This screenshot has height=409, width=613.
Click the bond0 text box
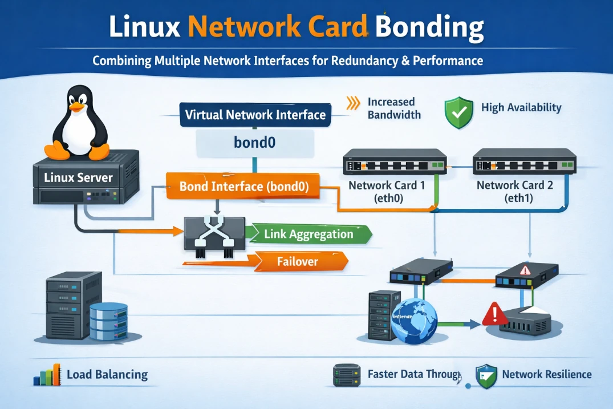(254, 142)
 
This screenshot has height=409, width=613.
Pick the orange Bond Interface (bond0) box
(243, 186)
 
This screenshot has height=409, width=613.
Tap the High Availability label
(521, 107)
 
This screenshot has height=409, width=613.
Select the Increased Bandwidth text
(394, 108)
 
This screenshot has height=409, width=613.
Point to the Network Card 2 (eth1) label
(514, 191)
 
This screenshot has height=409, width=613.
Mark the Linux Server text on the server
(78, 177)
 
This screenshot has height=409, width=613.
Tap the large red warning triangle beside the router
(494, 313)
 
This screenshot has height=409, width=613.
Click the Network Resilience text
(546, 375)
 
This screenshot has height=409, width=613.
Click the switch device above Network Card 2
(524, 161)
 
